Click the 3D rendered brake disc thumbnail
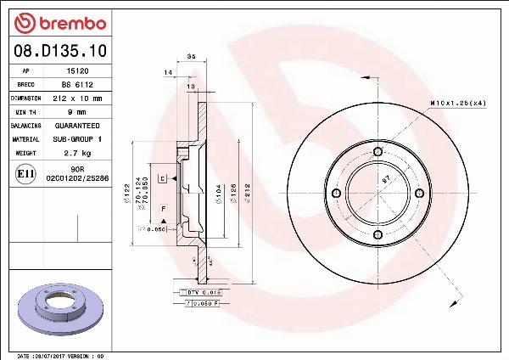(x=59, y=308)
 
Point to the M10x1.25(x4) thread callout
(x=458, y=103)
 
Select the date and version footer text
(x=59, y=356)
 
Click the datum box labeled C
(x=162, y=177)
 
